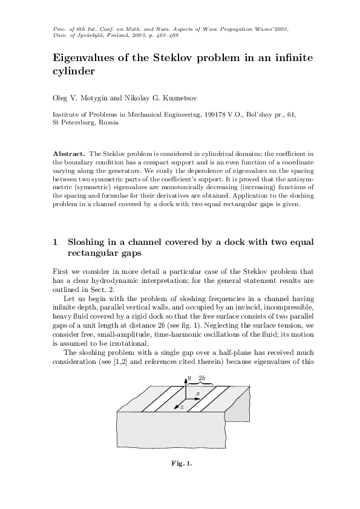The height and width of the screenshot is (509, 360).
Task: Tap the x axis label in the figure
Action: [198, 393]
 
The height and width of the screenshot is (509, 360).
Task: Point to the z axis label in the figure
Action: [182, 407]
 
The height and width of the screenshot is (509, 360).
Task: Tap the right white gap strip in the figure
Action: [209, 399]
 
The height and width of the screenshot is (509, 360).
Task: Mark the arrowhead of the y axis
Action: [185, 377]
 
